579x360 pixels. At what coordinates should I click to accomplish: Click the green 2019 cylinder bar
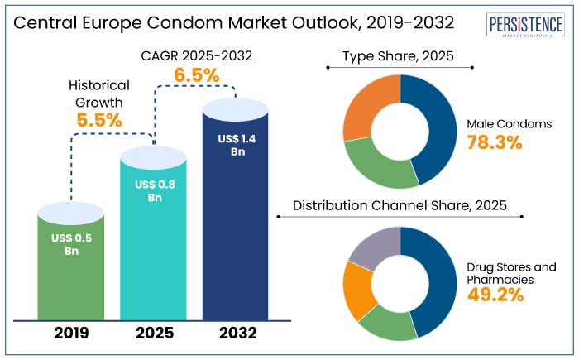coord(71,273)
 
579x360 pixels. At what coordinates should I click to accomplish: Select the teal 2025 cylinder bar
coord(153,248)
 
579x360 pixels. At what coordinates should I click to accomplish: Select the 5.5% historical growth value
coord(99,119)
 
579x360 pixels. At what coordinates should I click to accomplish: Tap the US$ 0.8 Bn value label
coord(153,191)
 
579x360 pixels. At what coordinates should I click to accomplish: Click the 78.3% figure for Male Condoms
coord(495,142)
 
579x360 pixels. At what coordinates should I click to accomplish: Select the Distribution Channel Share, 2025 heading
coord(400,205)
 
